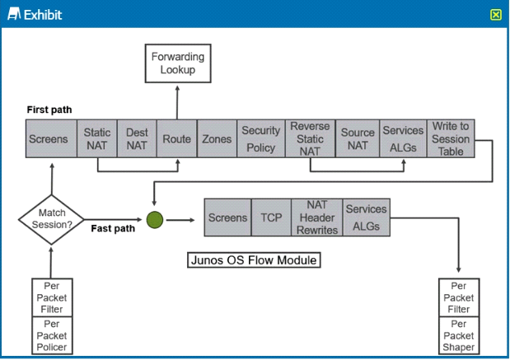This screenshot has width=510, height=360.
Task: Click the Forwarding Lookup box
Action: (x=178, y=63)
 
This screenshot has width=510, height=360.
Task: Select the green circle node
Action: (x=155, y=220)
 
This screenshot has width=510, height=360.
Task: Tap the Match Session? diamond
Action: (x=51, y=219)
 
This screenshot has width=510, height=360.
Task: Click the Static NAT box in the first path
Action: (x=97, y=139)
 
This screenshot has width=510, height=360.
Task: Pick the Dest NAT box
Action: (x=137, y=139)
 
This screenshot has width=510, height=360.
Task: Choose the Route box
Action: (x=177, y=139)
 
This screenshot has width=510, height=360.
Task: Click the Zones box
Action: (x=217, y=139)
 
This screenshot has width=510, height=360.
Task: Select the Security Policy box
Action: (x=261, y=139)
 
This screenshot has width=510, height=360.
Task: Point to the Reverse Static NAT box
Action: (x=311, y=139)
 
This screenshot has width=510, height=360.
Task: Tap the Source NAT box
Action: (x=358, y=139)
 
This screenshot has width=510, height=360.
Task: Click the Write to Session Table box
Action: (x=451, y=139)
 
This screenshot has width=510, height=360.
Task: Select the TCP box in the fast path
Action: (x=271, y=217)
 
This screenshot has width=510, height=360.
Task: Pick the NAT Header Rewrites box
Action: (x=317, y=217)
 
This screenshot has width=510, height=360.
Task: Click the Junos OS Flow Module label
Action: (x=254, y=260)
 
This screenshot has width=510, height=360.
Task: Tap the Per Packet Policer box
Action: (x=52, y=335)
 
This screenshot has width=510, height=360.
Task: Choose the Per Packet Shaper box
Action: (x=459, y=335)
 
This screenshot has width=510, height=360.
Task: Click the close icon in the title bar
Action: (x=496, y=15)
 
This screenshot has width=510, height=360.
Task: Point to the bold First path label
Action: (x=49, y=110)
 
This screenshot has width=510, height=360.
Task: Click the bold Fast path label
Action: (x=113, y=228)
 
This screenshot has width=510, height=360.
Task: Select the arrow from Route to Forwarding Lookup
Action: (x=177, y=102)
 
